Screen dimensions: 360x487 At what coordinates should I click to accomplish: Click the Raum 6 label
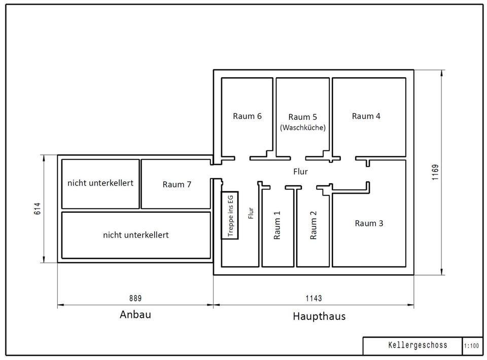click(x=247, y=116)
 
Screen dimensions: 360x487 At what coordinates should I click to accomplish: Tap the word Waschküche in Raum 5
click(x=303, y=128)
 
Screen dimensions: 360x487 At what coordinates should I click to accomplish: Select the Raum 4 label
click(x=366, y=116)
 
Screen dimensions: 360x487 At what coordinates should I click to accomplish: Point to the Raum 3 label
click(x=369, y=223)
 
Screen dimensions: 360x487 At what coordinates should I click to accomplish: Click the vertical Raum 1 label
click(x=277, y=225)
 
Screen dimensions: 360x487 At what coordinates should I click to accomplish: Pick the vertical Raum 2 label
click(x=314, y=225)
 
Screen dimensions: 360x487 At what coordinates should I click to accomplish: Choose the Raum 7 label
click(x=177, y=184)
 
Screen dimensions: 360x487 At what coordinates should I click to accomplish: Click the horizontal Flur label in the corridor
click(x=300, y=172)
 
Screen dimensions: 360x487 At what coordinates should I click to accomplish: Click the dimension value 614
click(x=38, y=209)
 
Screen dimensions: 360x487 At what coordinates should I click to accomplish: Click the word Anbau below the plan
click(x=135, y=314)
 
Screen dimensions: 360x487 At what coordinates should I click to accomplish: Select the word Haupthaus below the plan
click(x=319, y=316)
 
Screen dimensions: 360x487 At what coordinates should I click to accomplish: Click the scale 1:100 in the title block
click(x=471, y=346)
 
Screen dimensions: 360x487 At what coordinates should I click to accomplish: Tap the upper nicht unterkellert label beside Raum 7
click(x=100, y=183)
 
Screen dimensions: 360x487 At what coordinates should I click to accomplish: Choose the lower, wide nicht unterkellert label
click(x=135, y=235)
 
